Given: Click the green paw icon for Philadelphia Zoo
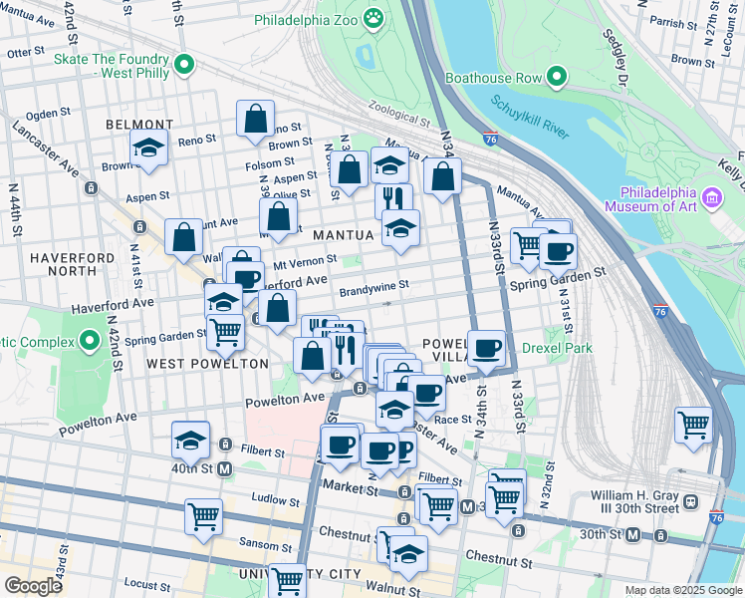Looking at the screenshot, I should tap(373, 17).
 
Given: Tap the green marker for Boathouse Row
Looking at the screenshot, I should tap(557, 75).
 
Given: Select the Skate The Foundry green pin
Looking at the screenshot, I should tap(182, 66).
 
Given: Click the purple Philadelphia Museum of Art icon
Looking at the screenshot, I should tap(711, 198).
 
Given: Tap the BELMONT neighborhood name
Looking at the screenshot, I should tap(139, 125).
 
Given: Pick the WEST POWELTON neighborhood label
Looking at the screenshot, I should tap(207, 364).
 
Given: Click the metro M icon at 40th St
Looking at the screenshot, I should tap(224, 468).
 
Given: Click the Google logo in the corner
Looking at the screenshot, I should tap(33, 586).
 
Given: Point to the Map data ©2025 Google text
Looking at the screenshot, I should tap(683, 590).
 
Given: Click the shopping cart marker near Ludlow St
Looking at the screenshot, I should tap(203, 516).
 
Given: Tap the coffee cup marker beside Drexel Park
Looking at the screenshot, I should tap(486, 348).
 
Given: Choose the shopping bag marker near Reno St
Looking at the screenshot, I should tap(256, 118).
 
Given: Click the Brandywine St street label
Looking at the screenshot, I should tap(373, 286).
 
